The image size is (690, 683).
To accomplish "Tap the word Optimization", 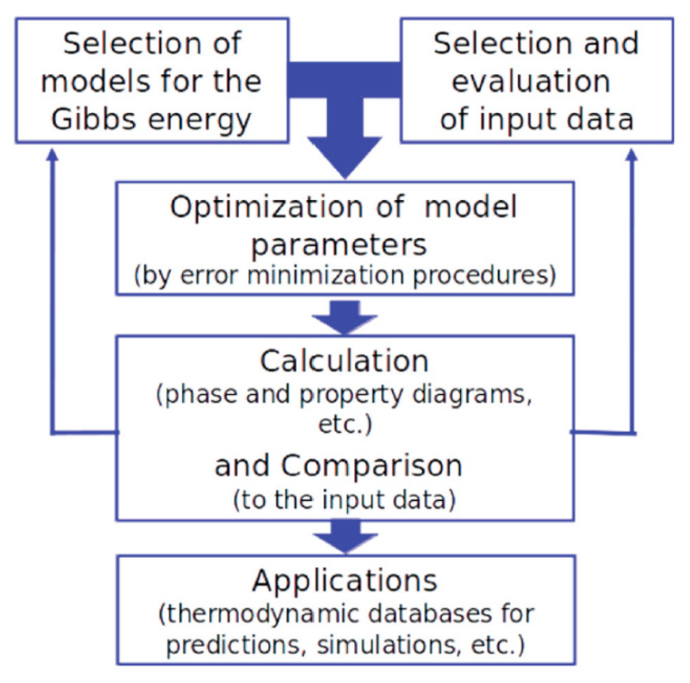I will (267, 207).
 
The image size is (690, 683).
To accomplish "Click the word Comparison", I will (371, 465).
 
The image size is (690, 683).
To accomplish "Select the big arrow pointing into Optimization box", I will (345, 154).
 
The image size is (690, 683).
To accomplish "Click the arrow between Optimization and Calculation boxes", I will (345, 317).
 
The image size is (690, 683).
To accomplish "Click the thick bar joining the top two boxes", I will (345, 79).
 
